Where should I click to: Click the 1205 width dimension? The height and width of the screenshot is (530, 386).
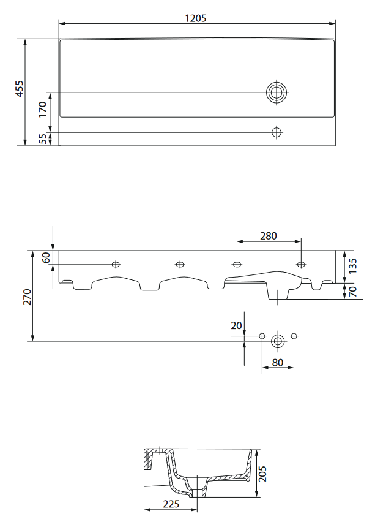point(196,18)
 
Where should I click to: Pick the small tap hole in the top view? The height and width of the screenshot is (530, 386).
point(277,132)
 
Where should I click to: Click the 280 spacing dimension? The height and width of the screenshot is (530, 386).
point(269,235)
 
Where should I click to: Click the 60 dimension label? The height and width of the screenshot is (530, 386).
point(46,257)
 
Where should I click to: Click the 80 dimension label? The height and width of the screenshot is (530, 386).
point(278,362)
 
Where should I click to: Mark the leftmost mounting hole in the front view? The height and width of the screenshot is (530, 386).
point(116,265)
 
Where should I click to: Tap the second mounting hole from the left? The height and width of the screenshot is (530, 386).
point(180,265)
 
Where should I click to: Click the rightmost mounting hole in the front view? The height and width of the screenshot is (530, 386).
point(300,265)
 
